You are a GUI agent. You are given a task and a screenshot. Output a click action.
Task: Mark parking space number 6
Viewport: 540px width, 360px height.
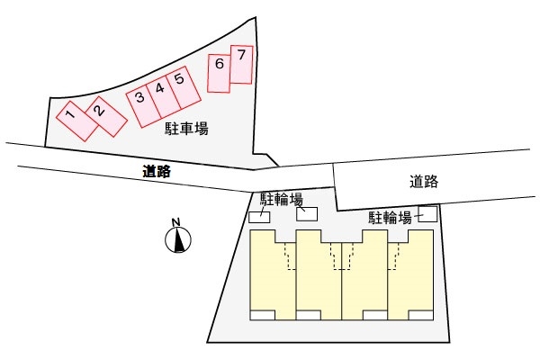click(x=219, y=70)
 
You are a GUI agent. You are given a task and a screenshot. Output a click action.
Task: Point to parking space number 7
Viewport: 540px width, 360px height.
click(x=241, y=64)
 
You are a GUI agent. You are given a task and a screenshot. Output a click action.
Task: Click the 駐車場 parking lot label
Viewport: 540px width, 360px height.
click(x=186, y=130)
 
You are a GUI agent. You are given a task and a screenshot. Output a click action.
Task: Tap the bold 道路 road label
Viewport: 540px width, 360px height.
click(x=157, y=170)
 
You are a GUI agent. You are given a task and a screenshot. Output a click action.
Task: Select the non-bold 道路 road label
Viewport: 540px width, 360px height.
click(x=423, y=181)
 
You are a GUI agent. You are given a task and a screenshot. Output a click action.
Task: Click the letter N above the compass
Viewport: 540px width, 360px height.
click(x=177, y=222)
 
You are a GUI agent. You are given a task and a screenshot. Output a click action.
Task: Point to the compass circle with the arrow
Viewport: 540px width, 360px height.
click(x=178, y=240)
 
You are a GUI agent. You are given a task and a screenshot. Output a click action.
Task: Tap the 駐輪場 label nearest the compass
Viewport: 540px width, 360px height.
click(x=282, y=198)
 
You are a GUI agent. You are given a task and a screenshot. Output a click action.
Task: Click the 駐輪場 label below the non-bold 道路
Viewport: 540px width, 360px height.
click(x=391, y=217)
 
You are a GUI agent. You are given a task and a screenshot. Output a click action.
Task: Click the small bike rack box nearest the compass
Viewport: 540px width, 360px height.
click(x=259, y=217)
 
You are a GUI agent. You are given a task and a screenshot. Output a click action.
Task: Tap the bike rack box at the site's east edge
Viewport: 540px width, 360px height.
click(x=427, y=214)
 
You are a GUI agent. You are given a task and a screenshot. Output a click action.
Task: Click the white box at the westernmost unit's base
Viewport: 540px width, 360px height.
click(x=262, y=315)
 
